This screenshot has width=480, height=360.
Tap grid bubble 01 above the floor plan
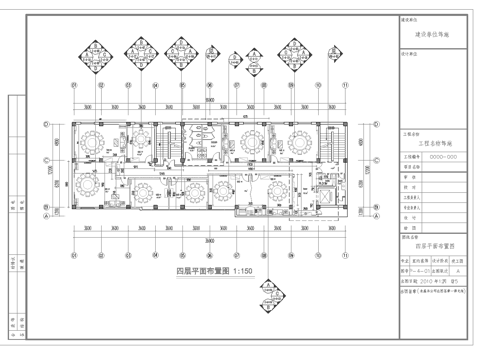(73, 86)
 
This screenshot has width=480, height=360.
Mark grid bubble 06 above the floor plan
(208, 86)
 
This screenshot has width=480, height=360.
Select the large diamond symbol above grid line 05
(181, 49)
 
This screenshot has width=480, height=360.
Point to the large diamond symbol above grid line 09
(291, 49)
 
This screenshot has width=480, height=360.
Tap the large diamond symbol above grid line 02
(100, 49)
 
